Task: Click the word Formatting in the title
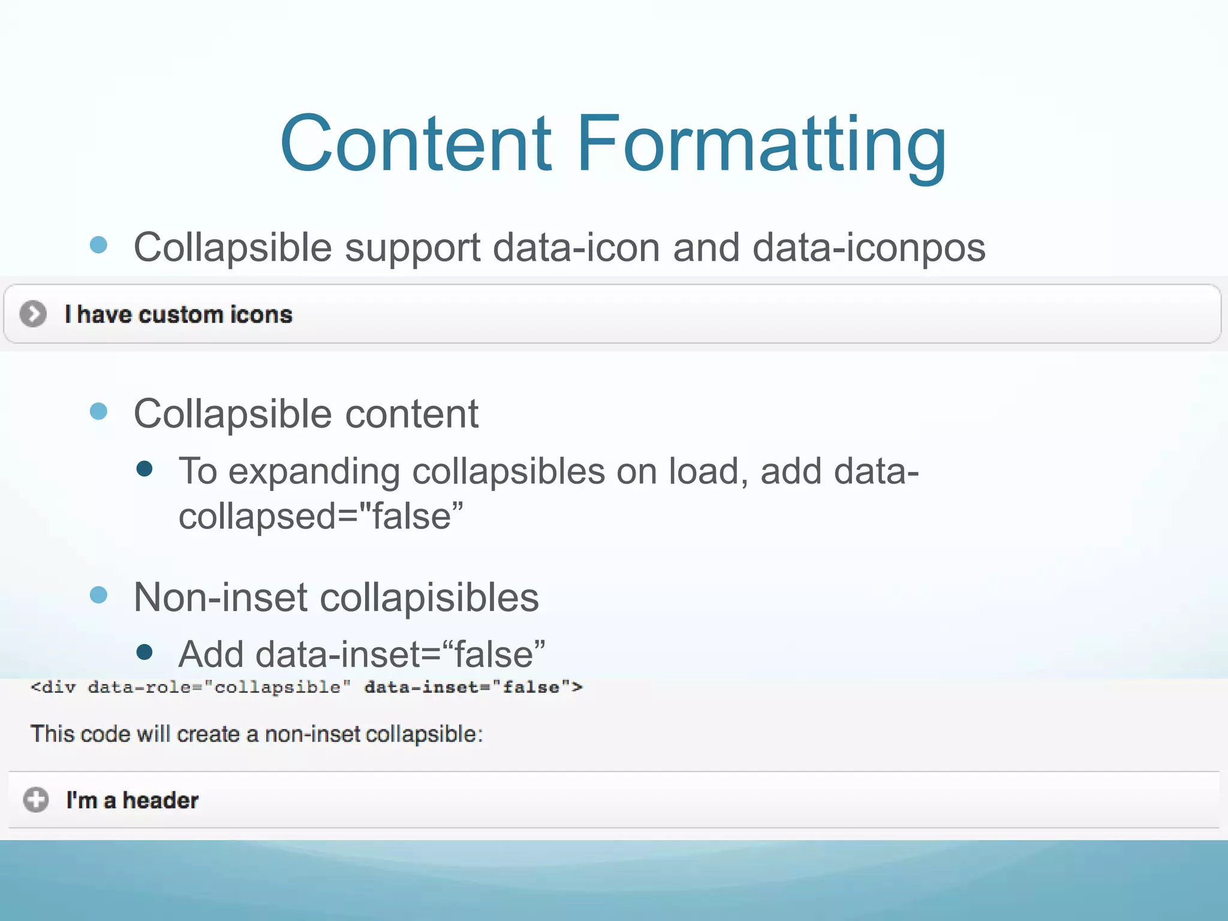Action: pos(762,147)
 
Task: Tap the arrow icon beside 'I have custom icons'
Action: pos(33,314)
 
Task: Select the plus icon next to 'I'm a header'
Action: pos(35,800)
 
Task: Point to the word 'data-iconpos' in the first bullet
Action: pos(869,247)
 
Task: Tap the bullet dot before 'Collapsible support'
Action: pos(98,245)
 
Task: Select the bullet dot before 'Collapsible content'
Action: pos(98,411)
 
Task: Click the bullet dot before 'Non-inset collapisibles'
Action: pos(98,595)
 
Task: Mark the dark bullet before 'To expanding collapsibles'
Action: pos(144,468)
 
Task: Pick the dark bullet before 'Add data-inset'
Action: pos(144,652)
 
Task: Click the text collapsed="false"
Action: pos(321,516)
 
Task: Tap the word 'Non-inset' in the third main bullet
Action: pos(219,597)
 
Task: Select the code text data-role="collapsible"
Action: pos(219,687)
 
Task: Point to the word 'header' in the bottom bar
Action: pos(161,800)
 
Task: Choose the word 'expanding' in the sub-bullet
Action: pos(314,472)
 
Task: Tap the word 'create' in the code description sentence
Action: pos(208,734)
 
